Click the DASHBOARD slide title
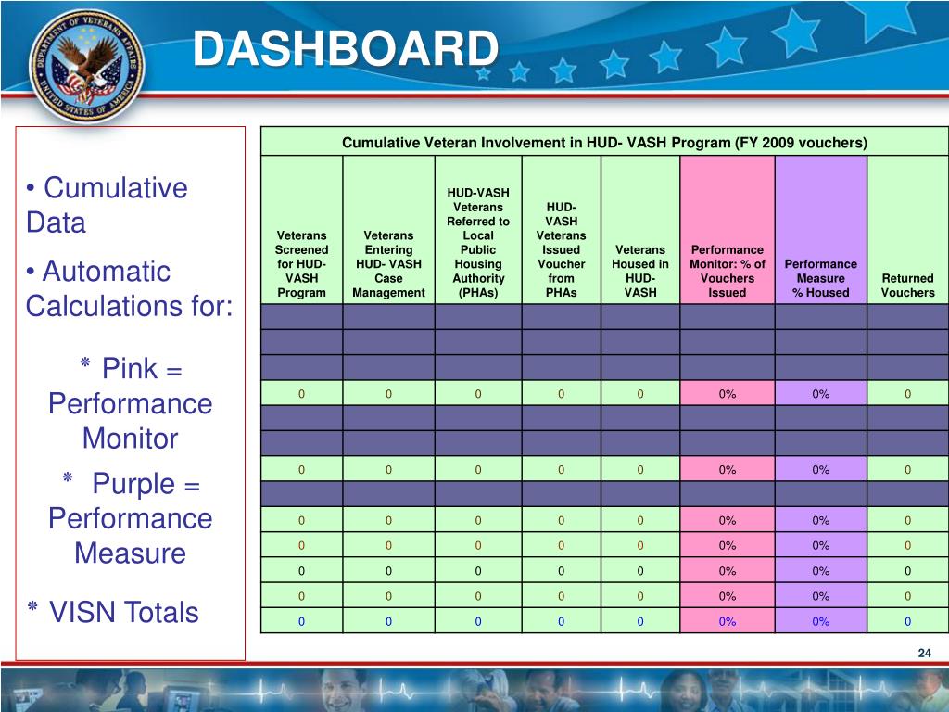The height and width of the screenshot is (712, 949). (345, 48)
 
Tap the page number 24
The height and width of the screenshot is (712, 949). (923, 655)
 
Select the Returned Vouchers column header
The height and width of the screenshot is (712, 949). (907, 286)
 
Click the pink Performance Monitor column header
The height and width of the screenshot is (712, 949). (728, 271)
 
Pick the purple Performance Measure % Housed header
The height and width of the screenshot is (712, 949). (820, 278)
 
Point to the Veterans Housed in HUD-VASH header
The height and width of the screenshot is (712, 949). (640, 271)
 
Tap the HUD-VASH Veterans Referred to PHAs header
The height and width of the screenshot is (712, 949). (478, 243)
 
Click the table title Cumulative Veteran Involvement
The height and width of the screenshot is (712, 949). (604, 143)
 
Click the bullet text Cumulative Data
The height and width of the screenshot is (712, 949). (106, 205)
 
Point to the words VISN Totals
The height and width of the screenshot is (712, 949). (123, 612)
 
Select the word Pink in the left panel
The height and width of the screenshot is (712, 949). (130, 369)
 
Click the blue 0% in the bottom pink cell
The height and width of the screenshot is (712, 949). (728, 621)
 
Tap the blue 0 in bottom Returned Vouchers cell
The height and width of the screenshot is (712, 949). (907, 621)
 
